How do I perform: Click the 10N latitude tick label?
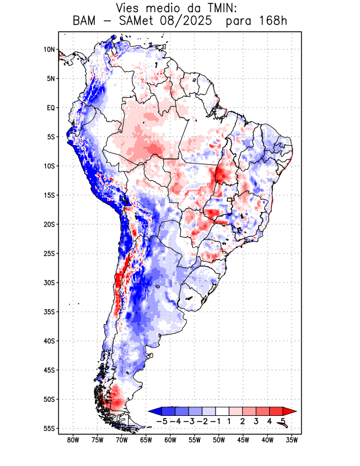[49, 50]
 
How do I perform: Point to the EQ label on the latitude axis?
[51, 108]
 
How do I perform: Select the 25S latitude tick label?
[49, 253]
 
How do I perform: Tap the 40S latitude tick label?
[49, 341]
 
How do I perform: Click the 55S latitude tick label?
[49, 428]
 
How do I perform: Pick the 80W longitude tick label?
[73, 440]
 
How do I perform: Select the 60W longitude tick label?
[171, 440]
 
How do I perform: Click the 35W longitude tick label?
[292, 440]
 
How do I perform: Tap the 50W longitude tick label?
[219, 440]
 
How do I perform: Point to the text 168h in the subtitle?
[271, 22]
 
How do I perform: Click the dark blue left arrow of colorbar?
[154, 411]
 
